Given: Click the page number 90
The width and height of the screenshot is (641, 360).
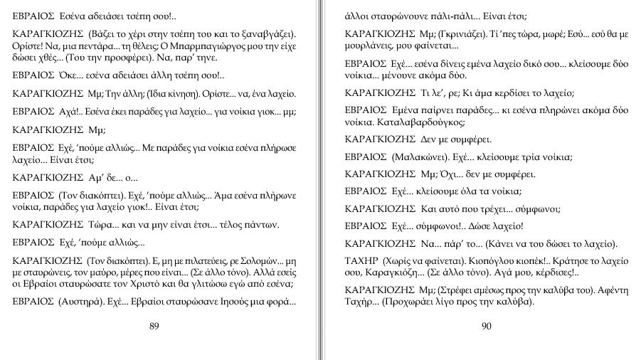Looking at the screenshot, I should pos(487,326).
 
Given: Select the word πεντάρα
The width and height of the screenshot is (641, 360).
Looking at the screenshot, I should pos(96,46).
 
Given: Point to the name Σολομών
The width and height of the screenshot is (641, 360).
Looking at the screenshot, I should pos(258,260).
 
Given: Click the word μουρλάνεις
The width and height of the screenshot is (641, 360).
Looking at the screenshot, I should pos(370,46).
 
